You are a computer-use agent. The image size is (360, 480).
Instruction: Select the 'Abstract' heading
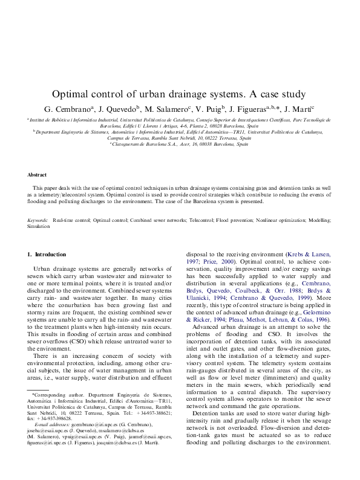pyautogui.click(x=37, y=175)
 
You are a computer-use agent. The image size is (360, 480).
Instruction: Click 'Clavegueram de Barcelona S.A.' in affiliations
pyautogui.click(x=143, y=145)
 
